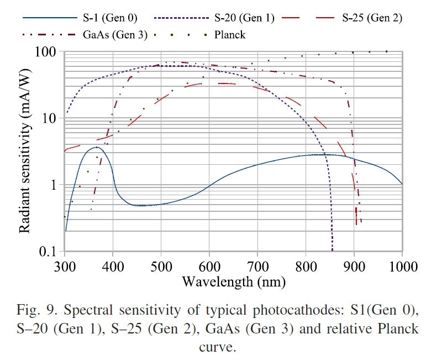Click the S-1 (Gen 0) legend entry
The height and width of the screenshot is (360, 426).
pos(105,18)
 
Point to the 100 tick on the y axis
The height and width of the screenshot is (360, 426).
pos(48,52)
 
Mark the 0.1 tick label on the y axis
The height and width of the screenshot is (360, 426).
pos(49,252)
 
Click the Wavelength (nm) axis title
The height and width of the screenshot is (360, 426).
pos(233,282)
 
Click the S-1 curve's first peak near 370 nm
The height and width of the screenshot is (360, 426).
pos(97,147)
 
